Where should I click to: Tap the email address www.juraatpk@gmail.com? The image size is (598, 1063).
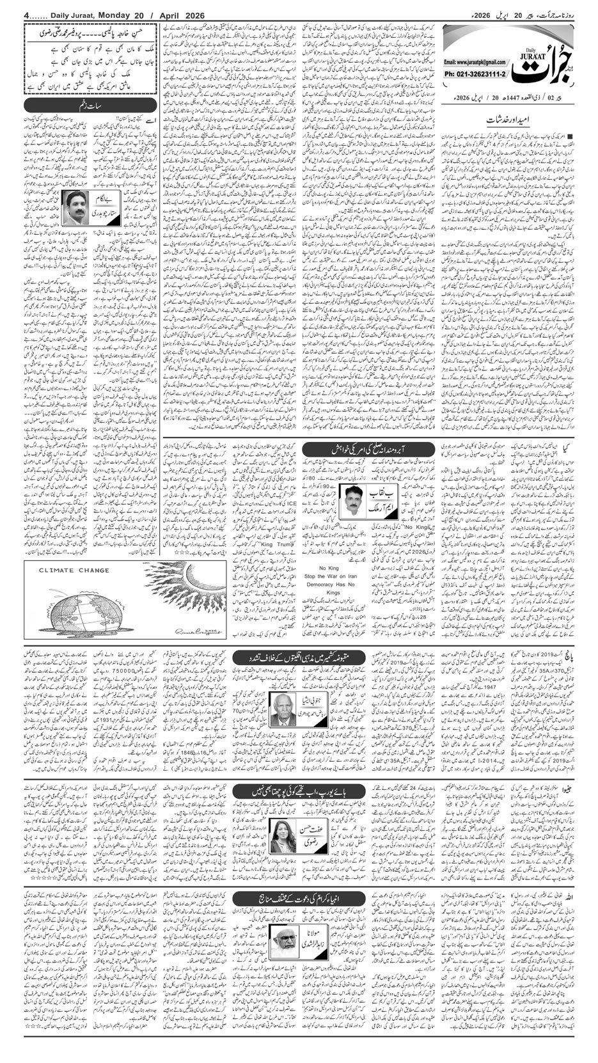[473, 62]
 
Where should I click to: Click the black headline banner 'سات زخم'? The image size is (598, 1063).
[89, 105]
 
